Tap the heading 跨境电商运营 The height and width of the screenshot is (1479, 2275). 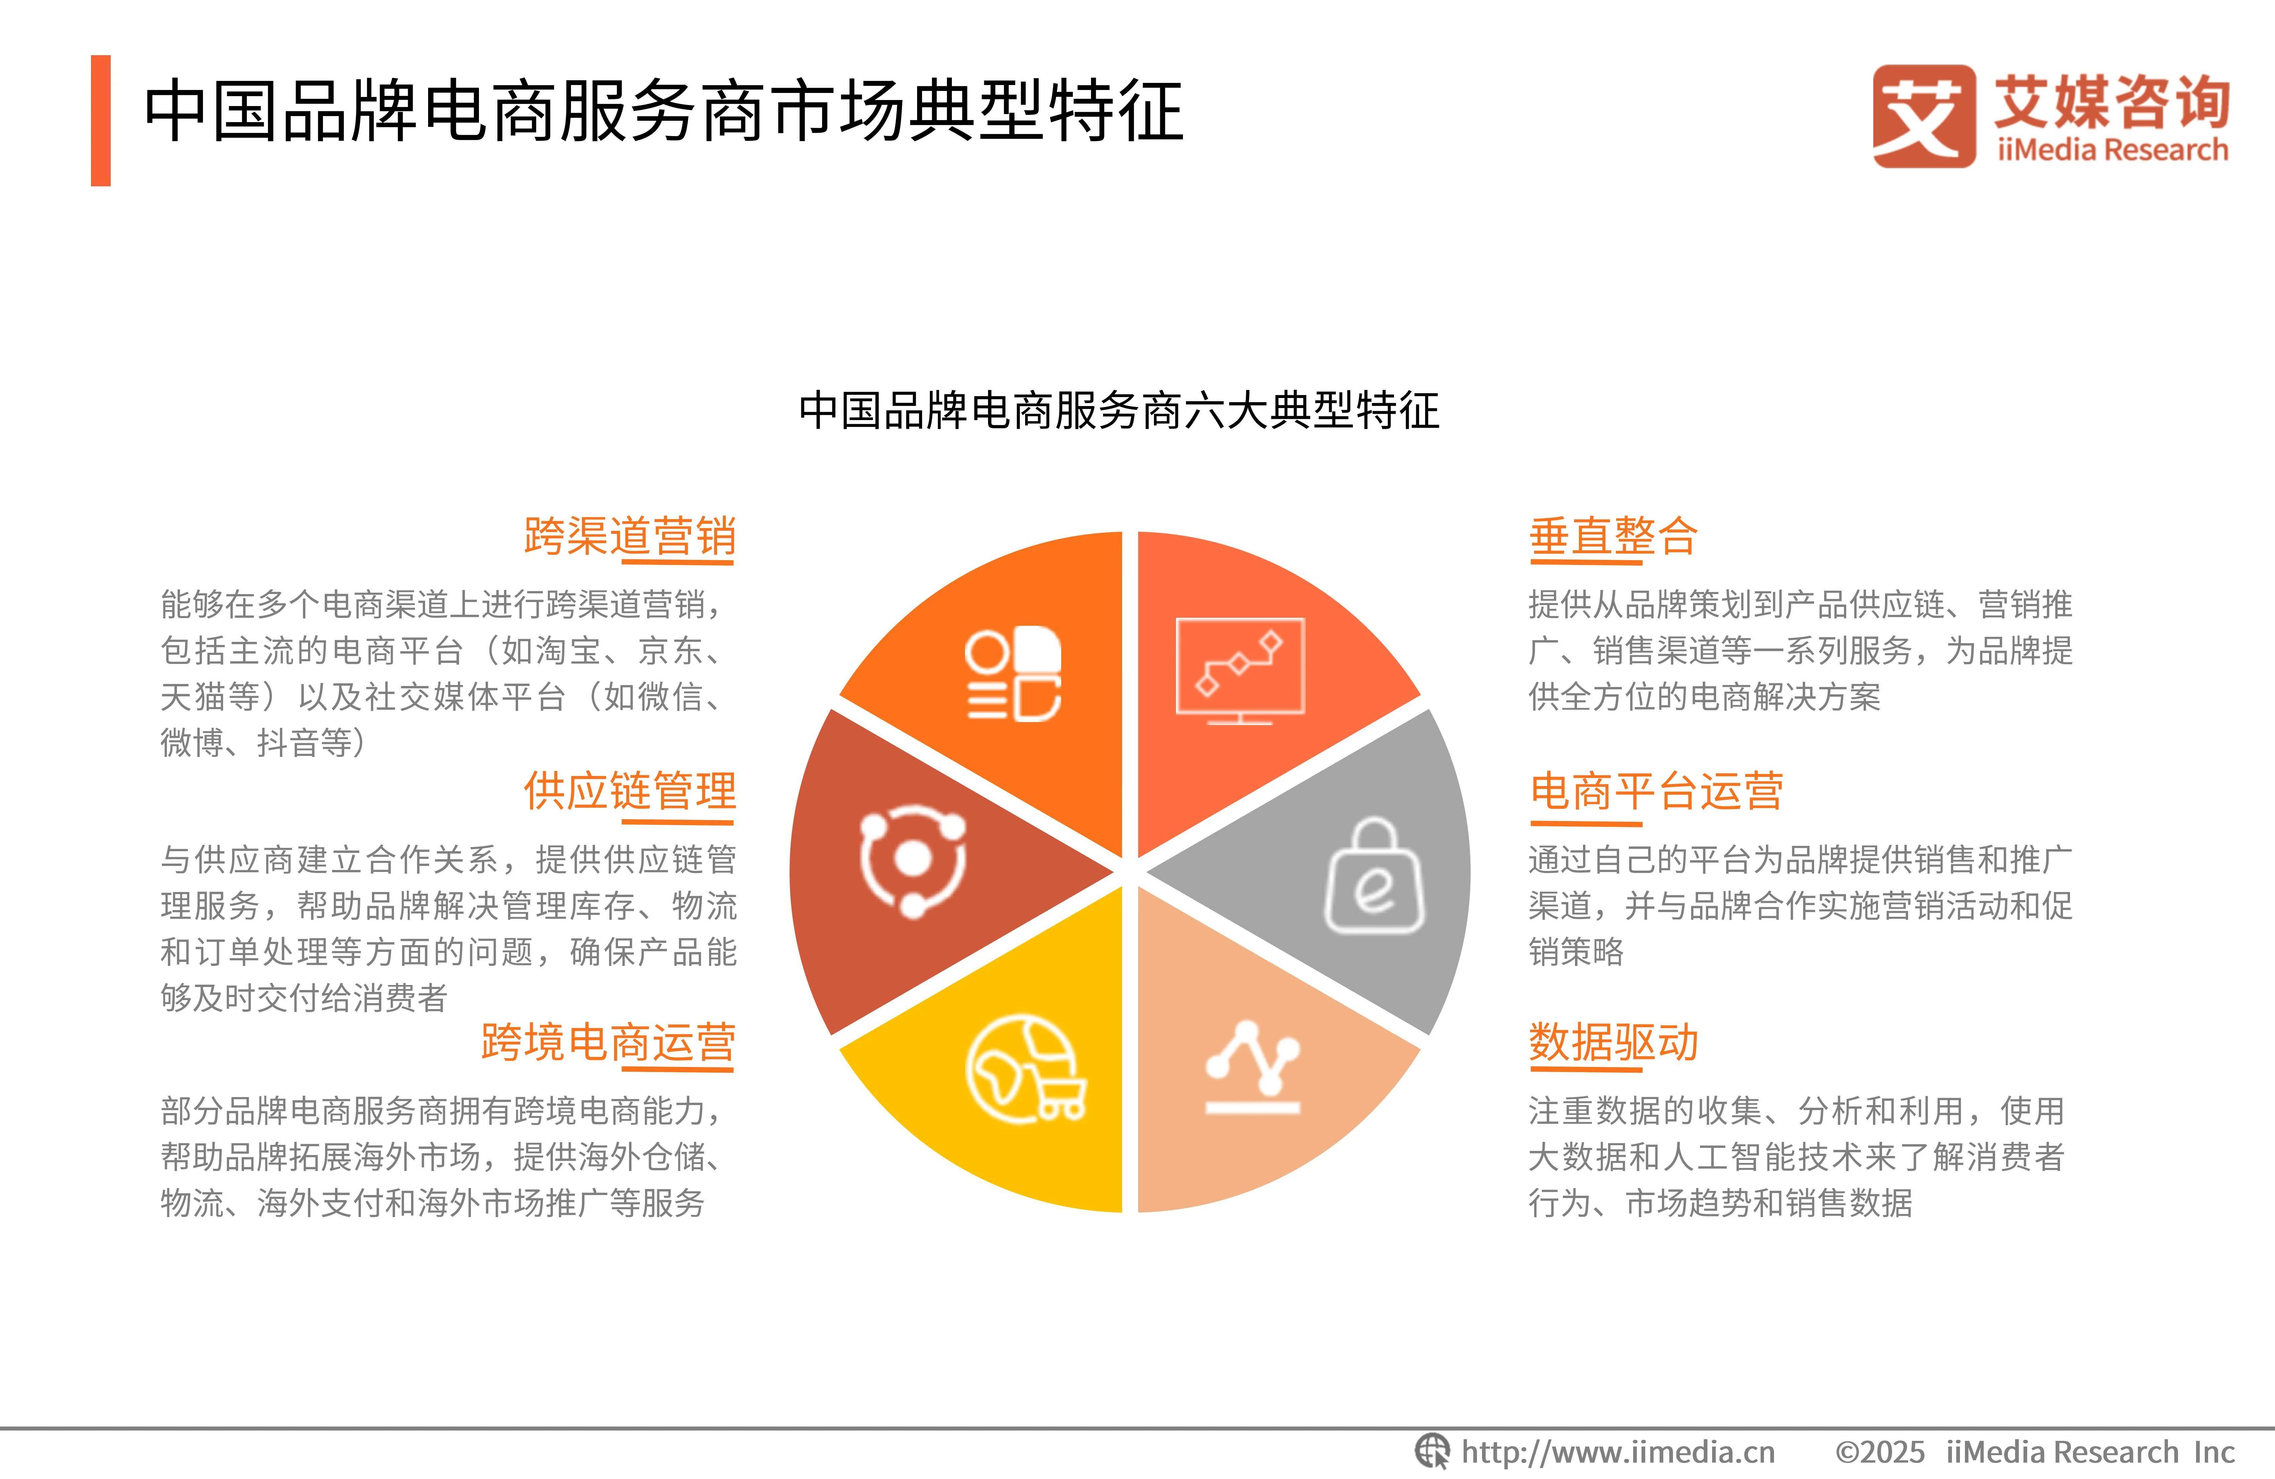608,1042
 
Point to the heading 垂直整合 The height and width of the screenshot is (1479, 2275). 1613,536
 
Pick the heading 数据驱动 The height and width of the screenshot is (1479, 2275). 1613,1042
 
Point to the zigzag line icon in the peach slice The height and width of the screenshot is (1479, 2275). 1252,1068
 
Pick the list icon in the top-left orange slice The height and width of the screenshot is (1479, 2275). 1013,674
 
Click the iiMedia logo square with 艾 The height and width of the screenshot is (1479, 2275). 1923,117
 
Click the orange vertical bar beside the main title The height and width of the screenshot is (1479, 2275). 100,120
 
